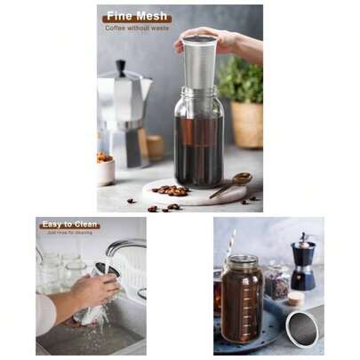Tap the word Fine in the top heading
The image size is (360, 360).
coord(118,17)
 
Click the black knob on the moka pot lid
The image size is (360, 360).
coord(120,68)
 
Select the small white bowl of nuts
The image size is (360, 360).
coord(106,168)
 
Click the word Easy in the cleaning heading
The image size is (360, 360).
coord(54,225)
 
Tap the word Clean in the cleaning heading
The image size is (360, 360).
coord(84,225)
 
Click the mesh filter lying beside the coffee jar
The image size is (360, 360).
coord(304,326)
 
